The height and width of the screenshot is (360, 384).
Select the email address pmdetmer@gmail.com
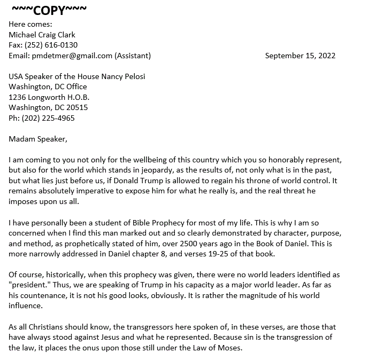72,55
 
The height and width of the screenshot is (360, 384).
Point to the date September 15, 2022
300,55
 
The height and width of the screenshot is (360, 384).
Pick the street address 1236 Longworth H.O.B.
49,97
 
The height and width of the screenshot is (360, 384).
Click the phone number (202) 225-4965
48,118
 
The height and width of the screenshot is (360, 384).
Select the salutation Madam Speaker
38,139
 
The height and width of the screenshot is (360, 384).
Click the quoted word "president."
28,285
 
